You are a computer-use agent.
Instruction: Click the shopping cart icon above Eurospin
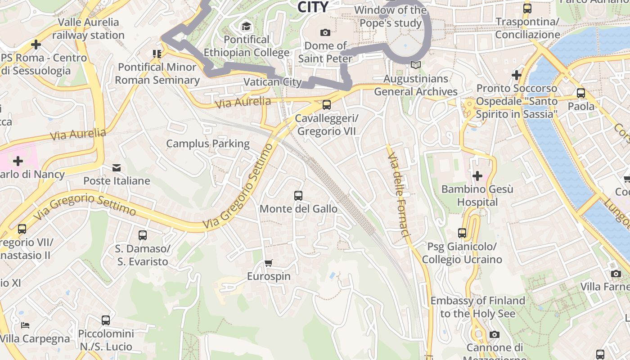269,263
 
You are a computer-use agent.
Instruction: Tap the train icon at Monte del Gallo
298,196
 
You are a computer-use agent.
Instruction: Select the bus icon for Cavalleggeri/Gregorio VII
327,105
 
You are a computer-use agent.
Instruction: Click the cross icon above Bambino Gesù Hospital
477,175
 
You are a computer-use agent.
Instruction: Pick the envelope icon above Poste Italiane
117,168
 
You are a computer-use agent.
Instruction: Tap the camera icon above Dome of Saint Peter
325,32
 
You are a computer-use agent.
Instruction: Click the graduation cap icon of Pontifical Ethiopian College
246,27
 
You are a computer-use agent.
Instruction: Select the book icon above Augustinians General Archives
416,65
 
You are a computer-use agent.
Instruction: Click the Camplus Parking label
207,144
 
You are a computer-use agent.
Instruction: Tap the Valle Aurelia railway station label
89,28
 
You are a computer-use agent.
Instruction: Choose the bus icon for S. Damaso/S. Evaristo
142,235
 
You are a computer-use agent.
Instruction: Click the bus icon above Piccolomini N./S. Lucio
106,320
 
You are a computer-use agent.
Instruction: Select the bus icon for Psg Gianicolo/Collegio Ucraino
462,233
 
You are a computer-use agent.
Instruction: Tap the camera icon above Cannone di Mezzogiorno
495,334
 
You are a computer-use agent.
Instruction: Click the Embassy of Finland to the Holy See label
477,307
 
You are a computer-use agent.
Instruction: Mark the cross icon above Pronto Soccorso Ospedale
517,75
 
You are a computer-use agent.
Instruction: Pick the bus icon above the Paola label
581,93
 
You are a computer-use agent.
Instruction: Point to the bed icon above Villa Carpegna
26,325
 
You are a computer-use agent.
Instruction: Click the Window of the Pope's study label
391,17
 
